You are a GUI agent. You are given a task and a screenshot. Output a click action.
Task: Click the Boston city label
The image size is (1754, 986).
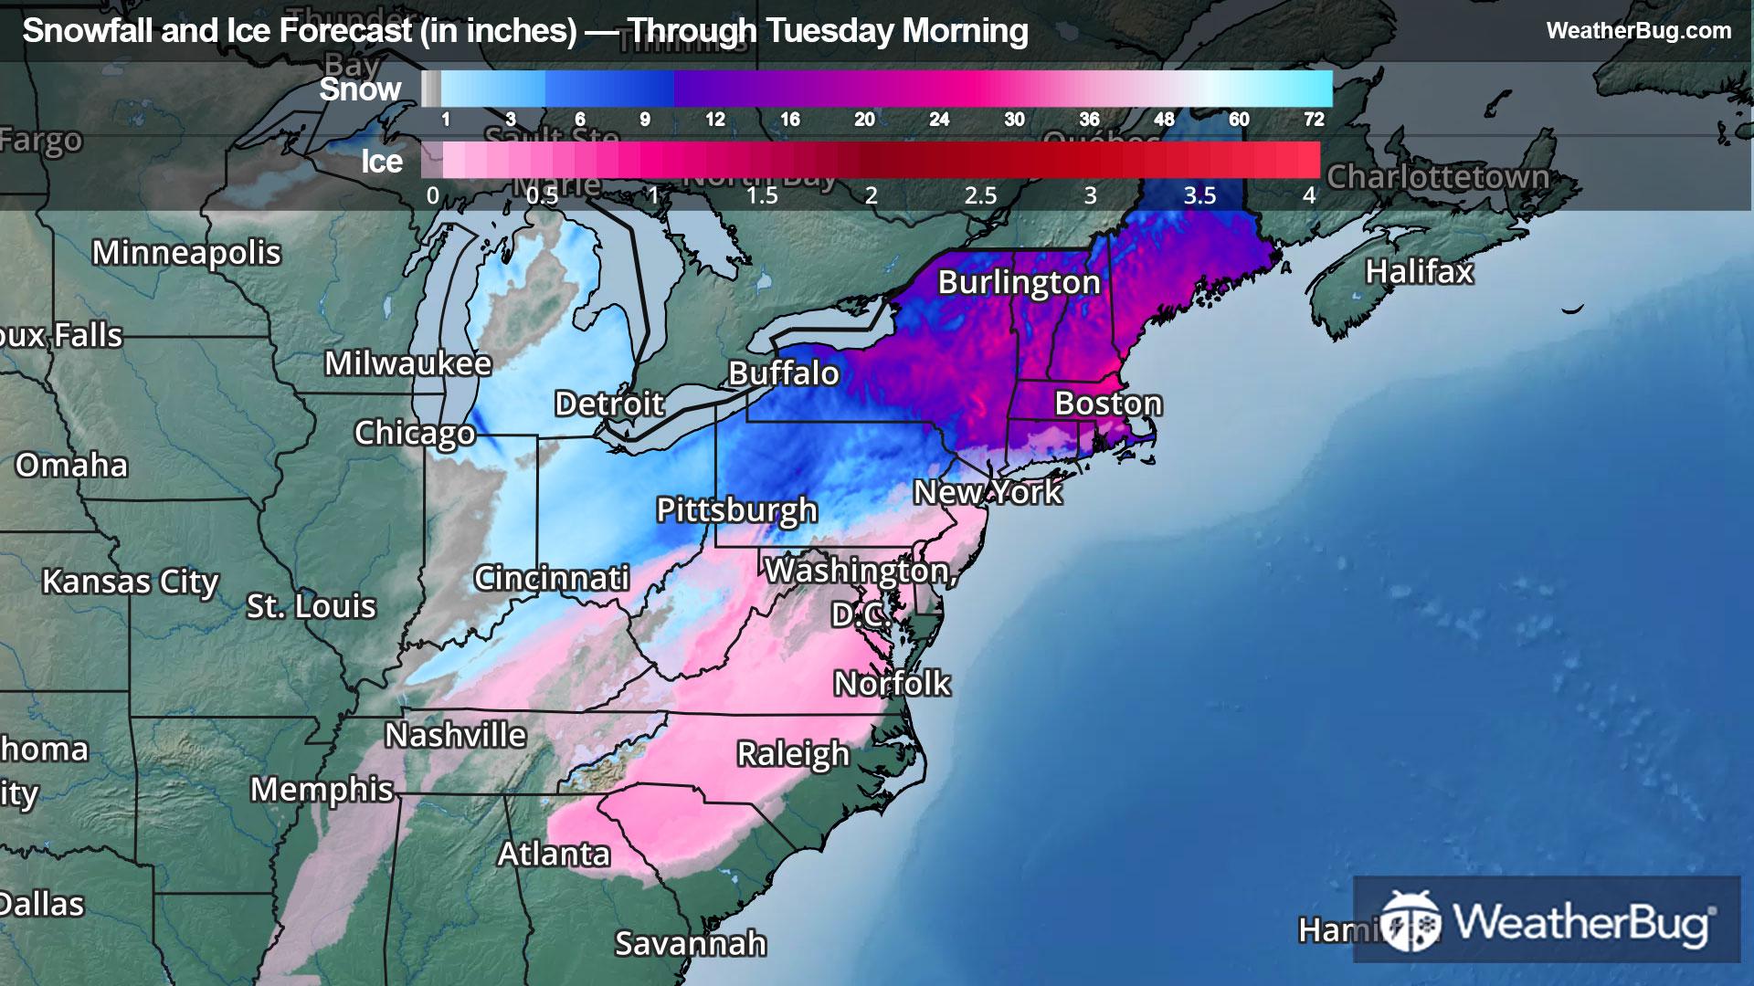[x=1108, y=404]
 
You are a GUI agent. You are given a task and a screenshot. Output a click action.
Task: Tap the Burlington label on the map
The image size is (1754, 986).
[x=1019, y=282]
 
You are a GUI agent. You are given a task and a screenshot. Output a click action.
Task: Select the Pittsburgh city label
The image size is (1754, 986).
[x=736, y=509]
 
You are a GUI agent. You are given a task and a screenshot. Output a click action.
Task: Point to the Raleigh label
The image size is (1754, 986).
[x=793, y=754]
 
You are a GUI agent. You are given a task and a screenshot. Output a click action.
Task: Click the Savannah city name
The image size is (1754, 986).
[x=690, y=943]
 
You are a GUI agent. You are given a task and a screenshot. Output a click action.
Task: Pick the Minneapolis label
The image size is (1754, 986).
[x=186, y=253]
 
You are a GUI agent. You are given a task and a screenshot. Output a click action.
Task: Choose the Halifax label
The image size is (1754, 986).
[x=1419, y=271]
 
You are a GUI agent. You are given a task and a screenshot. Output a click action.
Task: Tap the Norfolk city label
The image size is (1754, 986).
[x=892, y=684]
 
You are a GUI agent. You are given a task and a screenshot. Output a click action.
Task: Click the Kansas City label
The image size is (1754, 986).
[x=130, y=582]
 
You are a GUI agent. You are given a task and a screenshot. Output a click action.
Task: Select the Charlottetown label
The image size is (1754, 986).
[x=1438, y=176]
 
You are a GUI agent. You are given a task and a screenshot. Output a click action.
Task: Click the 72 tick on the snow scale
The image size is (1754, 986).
[x=1314, y=119]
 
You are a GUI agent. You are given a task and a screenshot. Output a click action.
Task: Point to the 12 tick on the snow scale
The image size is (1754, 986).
[x=714, y=119]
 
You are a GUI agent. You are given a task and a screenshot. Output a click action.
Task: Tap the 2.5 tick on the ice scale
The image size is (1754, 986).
[x=980, y=195]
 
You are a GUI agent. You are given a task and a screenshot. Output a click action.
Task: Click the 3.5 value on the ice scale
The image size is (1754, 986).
[x=1199, y=195]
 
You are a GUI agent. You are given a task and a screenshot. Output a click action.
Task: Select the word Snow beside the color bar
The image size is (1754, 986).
[x=360, y=89]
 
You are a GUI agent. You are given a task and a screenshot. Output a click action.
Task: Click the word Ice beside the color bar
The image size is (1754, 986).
[x=381, y=162]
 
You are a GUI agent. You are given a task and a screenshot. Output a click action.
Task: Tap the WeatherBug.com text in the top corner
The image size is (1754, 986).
[x=1638, y=30]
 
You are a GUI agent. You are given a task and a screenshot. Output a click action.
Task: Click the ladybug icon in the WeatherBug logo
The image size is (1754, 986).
[x=1410, y=922]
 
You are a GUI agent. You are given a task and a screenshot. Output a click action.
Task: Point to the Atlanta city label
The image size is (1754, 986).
[x=554, y=854]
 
